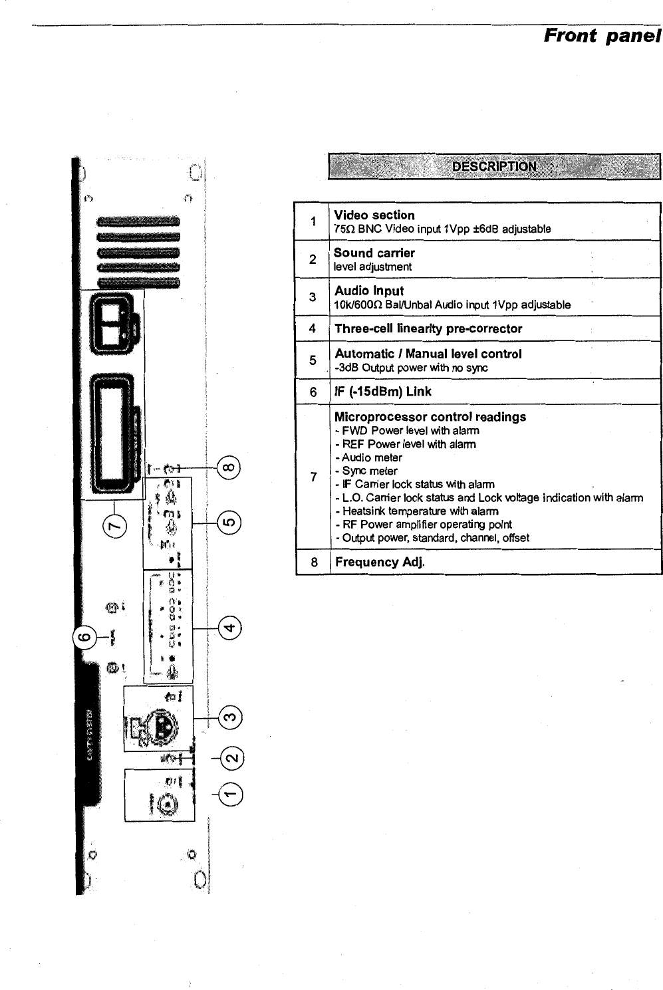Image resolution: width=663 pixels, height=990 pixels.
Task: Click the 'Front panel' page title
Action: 602,35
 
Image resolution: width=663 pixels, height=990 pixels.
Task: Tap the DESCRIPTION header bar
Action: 493,166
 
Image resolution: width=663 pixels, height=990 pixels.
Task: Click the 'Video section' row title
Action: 374,215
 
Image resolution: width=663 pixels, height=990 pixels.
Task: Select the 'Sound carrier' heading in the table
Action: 374,253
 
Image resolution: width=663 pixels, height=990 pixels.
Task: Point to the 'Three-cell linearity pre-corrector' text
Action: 428,329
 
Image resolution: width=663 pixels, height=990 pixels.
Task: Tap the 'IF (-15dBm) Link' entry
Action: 382,392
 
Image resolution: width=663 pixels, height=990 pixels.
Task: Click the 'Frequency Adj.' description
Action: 379,562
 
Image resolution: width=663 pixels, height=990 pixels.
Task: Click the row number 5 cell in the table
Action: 313,360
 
